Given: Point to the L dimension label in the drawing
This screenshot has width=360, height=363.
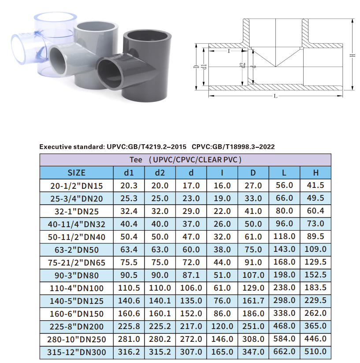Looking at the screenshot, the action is tap(275, 96).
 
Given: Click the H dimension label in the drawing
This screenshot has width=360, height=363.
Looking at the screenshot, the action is tap(353, 55).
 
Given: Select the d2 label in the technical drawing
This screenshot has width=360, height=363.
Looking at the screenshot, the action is tap(242, 66).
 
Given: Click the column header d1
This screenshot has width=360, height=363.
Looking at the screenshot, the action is tap(129, 173).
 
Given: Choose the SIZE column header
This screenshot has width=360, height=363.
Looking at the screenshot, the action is tap(77, 173).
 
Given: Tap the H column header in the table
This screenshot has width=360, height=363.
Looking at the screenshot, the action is tap(315, 173).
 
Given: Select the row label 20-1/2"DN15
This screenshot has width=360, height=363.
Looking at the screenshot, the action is tap(77, 186).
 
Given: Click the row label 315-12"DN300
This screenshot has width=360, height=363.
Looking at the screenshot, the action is tap(77, 352).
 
